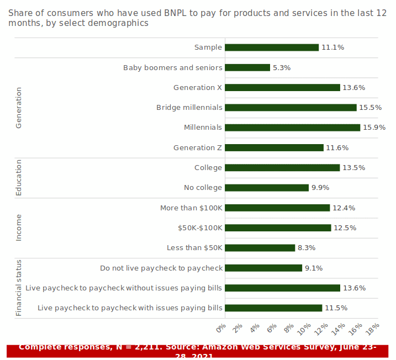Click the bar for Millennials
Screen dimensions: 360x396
click(292, 128)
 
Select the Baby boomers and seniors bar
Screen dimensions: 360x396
click(247, 67)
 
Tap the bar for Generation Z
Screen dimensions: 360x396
click(274, 147)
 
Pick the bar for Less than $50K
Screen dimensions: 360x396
click(260, 248)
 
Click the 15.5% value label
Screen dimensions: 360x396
click(371, 108)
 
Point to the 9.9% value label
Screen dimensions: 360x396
click(320, 188)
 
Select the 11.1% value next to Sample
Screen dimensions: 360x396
click(332, 47)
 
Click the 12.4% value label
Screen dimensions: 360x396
click(344, 208)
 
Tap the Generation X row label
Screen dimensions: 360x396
click(198, 88)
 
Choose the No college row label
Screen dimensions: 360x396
click(203, 188)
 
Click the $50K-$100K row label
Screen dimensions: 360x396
click(200, 228)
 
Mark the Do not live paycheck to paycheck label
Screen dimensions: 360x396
click(161, 268)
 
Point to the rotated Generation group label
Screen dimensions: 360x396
click(19, 108)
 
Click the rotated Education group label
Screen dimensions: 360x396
click(19, 178)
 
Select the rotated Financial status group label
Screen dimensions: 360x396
click(19, 288)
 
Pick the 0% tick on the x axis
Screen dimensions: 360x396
click(221, 329)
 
